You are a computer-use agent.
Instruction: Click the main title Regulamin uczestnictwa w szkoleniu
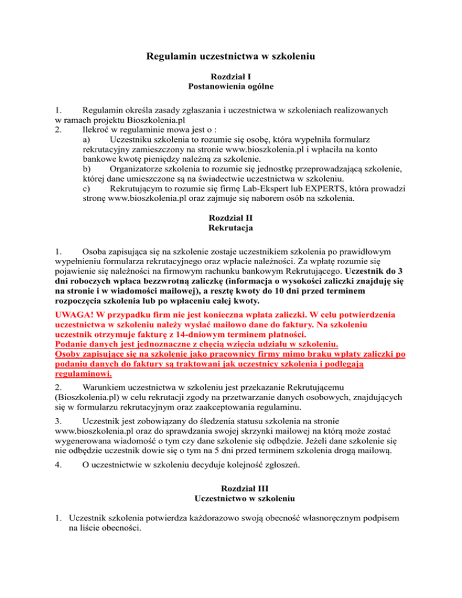[232, 58]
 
